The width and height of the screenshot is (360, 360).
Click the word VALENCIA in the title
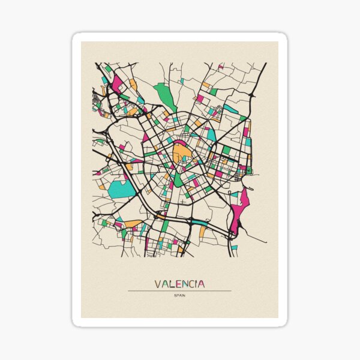pyautogui.click(x=179, y=284)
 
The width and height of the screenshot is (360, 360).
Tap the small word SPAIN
pyautogui.click(x=179, y=295)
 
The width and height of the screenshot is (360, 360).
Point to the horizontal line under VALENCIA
pyautogui.click(x=179, y=291)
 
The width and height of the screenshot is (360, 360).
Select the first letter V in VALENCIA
pyautogui.click(x=158, y=284)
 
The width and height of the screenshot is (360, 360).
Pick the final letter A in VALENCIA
pyautogui.click(x=201, y=284)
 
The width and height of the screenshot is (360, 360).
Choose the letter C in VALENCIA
pyautogui.click(x=190, y=284)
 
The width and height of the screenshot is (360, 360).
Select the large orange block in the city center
pyautogui.click(x=181, y=152)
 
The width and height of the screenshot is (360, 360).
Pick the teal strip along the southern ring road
pyautogui.click(x=195, y=221)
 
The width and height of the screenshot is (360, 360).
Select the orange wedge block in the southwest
pyautogui.click(x=133, y=224)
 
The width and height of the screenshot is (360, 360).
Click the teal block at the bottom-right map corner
pyautogui.click(x=235, y=247)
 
